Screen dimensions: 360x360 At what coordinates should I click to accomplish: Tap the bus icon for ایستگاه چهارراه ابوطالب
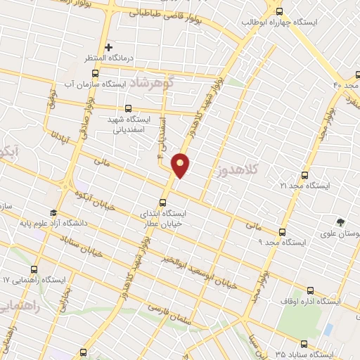pyautogui.click(x=279, y=11)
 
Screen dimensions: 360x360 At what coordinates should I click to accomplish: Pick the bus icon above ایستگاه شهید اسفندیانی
pyautogui.click(x=127, y=108)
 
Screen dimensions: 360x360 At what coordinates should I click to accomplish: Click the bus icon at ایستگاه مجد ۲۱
pyautogui.click(x=304, y=175)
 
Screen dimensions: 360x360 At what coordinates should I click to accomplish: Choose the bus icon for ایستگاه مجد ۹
pyautogui.click(x=283, y=232)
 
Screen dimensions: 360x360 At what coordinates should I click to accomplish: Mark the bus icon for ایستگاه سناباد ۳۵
pyautogui.click(x=304, y=344)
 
